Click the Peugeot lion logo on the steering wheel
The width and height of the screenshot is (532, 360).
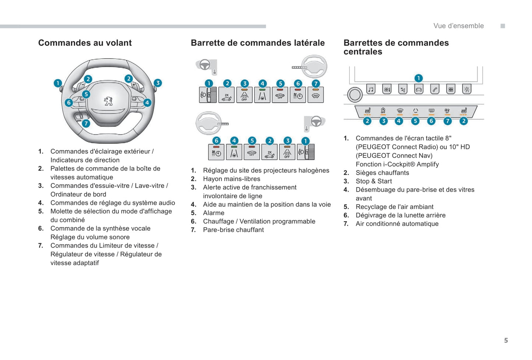coord(108,101)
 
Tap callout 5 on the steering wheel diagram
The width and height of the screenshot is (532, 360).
coord(86,94)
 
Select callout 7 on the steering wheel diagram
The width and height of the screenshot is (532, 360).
coord(86,123)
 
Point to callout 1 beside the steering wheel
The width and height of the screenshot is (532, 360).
coord(57,83)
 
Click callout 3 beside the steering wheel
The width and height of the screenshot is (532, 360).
coord(158,83)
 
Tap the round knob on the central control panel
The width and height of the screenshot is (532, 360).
coord(355,95)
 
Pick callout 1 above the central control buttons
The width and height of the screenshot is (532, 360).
coord(418,78)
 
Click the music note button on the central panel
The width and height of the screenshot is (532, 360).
coord(371,89)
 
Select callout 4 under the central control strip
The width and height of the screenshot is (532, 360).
coord(399,121)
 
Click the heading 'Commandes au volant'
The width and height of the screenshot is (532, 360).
coord(85,43)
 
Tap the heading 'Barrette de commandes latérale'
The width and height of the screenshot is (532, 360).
coord(258,43)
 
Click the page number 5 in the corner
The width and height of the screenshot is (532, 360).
coord(506,340)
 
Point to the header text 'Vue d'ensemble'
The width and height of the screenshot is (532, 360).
coord(458,26)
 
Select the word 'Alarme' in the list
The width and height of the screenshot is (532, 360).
coord(214,213)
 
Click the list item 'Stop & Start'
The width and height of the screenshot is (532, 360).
coord(374,181)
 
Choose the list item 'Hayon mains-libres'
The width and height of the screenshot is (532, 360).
coord(232,179)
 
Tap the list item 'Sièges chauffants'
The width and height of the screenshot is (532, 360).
coord(382,173)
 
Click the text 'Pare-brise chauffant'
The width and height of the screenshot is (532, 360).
coord(233,230)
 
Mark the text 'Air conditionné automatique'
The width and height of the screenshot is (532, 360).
coord(397,224)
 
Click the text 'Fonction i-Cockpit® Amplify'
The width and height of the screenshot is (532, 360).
coord(397,164)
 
